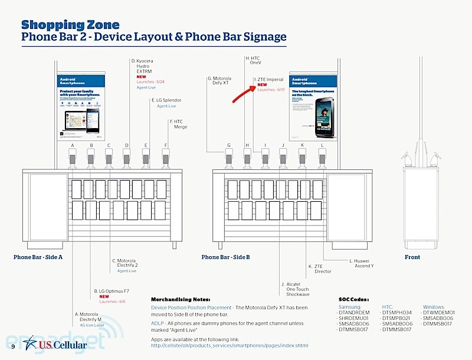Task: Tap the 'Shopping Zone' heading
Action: [70, 25]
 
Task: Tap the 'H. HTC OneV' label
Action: [253, 60]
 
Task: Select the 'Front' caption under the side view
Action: [412, 257]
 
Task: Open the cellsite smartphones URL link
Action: [229, 345]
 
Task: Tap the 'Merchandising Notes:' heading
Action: [180, 299]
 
